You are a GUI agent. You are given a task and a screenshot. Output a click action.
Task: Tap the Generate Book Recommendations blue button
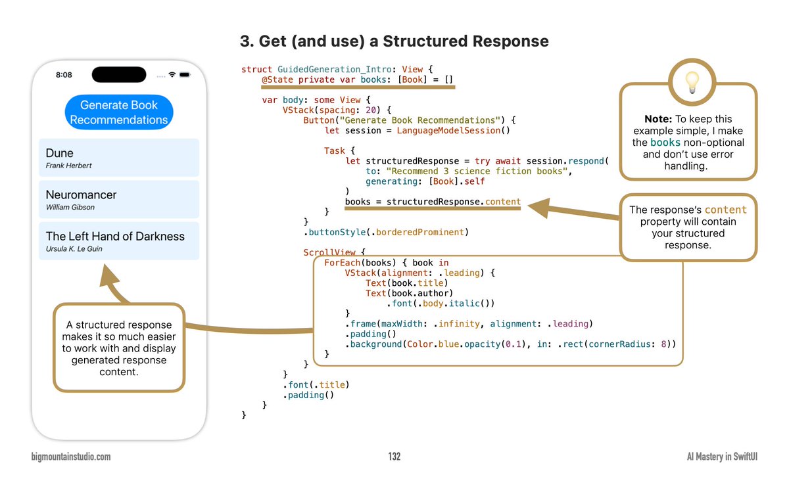(119, 112)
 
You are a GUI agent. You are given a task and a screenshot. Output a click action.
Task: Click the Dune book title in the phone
(60, 153)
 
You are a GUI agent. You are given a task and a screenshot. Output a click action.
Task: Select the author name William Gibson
(70, 207)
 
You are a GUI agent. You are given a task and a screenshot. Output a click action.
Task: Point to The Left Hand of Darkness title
(115, 236)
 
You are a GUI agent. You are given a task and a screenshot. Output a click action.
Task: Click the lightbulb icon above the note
(692, 82)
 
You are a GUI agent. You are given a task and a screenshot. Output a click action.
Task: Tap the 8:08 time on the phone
(64, 75)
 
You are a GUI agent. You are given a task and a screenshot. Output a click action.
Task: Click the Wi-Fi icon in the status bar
(172, 75)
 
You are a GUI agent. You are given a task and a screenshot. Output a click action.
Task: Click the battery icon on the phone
(185, 75)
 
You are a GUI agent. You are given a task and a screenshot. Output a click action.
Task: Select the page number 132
(394, 457)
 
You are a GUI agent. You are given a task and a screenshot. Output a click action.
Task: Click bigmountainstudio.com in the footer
(71, 457)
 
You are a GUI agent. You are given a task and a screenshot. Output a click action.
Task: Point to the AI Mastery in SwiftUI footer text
(722, 457)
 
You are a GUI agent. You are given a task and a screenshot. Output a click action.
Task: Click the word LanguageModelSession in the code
(448, 131)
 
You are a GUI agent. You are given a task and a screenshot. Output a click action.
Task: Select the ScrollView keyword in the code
(329, 252)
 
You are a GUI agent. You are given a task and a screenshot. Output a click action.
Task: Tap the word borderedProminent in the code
(419, 233)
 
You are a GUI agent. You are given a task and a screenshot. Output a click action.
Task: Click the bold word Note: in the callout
(658, 119)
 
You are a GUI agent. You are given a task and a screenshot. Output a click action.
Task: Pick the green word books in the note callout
(665, 143)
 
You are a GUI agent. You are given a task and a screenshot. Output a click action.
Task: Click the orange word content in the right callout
(725, 210)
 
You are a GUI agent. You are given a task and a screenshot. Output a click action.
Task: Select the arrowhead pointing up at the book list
(108, 275)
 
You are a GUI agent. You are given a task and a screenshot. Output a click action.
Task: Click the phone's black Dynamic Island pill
(119, 75)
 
